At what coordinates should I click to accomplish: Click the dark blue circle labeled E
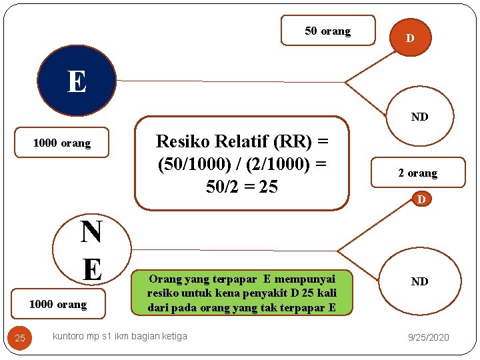tap(77, 81)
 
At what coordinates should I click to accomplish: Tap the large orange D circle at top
tap(409, 38)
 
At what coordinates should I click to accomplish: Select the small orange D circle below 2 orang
tap(421, 199)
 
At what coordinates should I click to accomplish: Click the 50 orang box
tap(328, 31)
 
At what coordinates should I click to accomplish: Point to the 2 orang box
tap(418, 173)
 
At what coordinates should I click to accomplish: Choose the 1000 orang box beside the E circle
tap(61, 143)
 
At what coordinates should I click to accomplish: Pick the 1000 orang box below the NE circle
tap(58, 304)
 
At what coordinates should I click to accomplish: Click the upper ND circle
tap(420, 117)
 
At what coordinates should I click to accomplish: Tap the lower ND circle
tap(419, 281)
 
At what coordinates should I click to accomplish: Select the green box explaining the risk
tap(241, 293)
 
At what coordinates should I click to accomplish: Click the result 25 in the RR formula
tap(268, 187)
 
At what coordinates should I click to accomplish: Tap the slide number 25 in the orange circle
tap(20, 338)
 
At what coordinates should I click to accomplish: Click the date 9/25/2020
tap(429, 337)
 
